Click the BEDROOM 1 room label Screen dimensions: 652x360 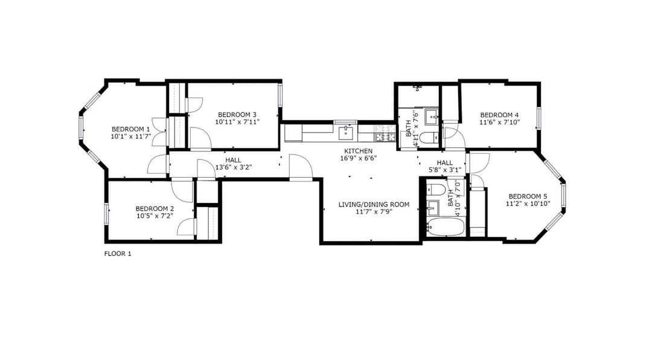130,129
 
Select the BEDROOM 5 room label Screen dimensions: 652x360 528,196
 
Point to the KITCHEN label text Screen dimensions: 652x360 358,151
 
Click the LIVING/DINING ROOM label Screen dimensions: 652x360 374,204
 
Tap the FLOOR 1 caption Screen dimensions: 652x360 118,254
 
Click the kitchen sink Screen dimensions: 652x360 345,133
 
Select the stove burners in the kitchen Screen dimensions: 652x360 385,133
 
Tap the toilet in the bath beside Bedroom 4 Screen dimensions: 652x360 428,137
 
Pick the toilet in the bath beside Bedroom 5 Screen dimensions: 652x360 436,189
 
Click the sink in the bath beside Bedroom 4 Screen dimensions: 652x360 431,117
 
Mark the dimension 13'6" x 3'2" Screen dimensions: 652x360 234,168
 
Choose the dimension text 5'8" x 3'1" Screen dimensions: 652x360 444,170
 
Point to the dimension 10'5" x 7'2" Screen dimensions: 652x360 155,216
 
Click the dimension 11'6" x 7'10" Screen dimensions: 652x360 499,122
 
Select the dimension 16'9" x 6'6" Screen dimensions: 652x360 358,158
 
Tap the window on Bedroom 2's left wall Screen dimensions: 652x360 106,213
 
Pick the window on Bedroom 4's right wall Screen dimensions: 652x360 539,118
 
